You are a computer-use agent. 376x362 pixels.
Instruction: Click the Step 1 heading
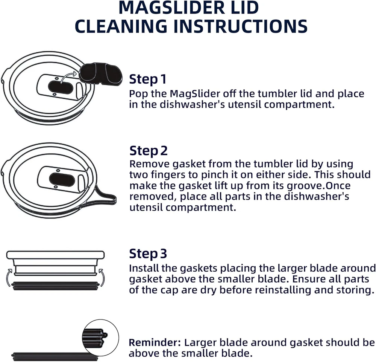148,79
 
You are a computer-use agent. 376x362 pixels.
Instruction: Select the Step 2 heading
149,151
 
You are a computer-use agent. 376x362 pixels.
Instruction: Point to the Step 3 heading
148,254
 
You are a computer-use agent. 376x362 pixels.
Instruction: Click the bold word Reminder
155,342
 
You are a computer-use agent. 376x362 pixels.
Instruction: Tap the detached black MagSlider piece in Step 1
101,74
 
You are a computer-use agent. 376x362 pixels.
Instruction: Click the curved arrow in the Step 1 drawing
68,77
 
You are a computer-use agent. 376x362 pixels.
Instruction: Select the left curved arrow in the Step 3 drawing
9,278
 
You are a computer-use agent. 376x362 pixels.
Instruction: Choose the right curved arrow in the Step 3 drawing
102,278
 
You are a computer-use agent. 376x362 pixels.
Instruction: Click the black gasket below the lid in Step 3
55,286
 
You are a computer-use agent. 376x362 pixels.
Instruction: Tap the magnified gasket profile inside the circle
95,337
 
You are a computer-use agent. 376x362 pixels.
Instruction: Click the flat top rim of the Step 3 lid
55,255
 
